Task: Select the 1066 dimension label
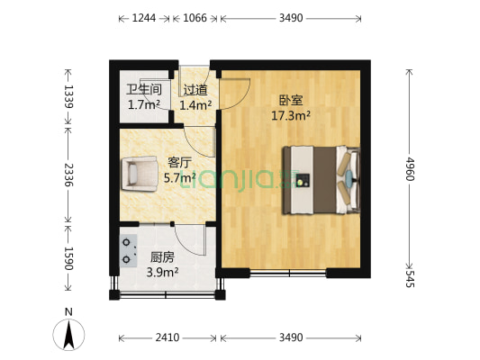pyautogui.click(x=189, y=17)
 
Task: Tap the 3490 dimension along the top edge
pyautogui.click(x=291, y=17)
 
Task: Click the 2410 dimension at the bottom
pyautogui.click(x=168, y=337)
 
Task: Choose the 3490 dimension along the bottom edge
pyautogui.click(x=291, y=337)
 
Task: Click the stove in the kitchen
pyautogui.click(x=125, y=248)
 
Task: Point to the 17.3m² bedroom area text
pyautogui.click(x=291, y=115)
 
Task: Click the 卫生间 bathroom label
pyautogui.click(x=144, y=89)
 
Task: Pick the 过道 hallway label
pyautogui.click(x=195, y=90)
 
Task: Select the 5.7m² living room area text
pyautogui.click(x=179, y=177)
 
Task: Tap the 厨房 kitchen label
pyautogui.click(x=163, y=256)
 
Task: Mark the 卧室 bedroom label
pyautogui.click(x=291, y=101)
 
